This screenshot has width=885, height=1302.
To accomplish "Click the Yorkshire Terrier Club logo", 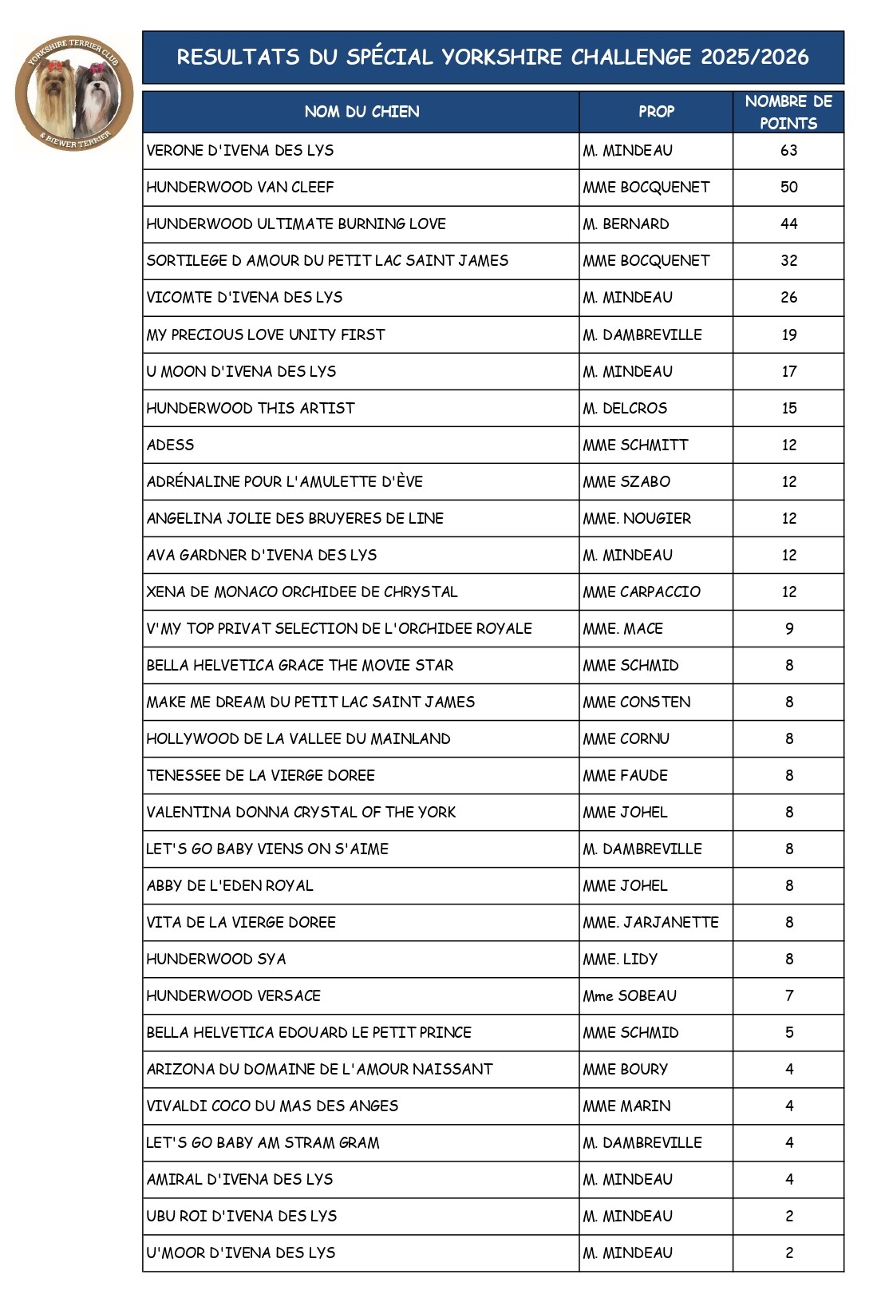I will tap(74, 93).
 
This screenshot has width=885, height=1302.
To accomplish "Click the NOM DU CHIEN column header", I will tap(362, 112).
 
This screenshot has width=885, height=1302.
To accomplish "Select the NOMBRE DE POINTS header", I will tap(788, 112).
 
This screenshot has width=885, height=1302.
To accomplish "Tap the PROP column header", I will tap(656, 112).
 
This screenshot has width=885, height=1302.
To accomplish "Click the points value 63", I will tap(788, 150).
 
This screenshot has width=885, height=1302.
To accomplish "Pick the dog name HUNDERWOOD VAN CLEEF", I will tap(240, 187).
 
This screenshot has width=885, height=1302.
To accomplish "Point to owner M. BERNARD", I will tap(626, 224).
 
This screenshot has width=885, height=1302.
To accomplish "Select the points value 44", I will tap(788, 224).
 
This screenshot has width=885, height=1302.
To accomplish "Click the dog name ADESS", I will tap(170, 445).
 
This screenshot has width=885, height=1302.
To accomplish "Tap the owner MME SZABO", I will tap(626, 481).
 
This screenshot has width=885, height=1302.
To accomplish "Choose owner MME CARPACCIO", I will tap(642, 592).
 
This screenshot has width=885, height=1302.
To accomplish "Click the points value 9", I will tap(788, 628).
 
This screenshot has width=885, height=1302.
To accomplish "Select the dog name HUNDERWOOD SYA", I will tap(216, 959).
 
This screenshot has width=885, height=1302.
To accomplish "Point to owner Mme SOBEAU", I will tap(630, 995).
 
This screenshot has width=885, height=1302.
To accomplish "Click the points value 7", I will tap(788, 995).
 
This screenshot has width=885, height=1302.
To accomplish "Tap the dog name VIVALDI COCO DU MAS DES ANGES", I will tap(272, 1106).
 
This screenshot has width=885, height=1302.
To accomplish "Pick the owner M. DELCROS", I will tap(625, 408).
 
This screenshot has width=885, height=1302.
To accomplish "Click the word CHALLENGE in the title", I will tap(631, 57).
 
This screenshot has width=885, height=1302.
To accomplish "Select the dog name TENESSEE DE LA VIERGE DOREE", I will tap(260, 775).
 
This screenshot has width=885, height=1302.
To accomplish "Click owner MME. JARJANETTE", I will tap(650, 922).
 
